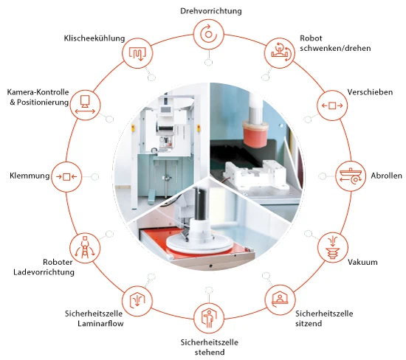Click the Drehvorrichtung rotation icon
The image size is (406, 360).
pyautogui.click(x=208, y=35)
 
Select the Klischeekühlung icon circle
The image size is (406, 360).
pyautogui.click(x=137, y=53)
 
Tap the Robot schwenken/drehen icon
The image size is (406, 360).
pyautogui.click(x=279, y=53)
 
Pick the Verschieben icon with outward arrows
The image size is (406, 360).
pyautogui.click(x=332, y=105)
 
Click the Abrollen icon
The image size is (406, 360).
pyautogui.click(x=351, y=176)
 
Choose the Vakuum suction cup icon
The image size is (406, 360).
pyautogui.click(x=332, y=248)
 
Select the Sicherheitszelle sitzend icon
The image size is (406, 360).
pyautogui.click(x=280, y=300)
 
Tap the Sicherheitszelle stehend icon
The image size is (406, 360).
pyautogui.click(x=209, y=319)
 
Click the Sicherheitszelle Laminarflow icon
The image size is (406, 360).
pyautogui.click(x=137, y=300)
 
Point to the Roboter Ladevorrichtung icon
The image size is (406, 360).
pyautogui.click(x=85, y=248)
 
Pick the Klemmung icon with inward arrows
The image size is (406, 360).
pyautogui.click(x=66, y=177)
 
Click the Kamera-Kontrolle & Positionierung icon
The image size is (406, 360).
pyautogui.click(x=85, y=105)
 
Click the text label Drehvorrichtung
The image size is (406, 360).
pyautogui.click(x=211, y=11)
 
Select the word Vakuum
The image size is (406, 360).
pyautogui.click(x=362, y=262)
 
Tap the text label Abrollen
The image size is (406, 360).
pyautogui.click(x=386, y=176)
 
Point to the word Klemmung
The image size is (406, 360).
pyautogui.click(x=30, y=176)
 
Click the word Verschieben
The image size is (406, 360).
pyautogui.click(x=370, y=92)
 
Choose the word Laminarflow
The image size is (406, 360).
pyautogui.click(x=100, y=324)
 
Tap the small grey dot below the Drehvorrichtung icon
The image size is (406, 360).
pyautogui.click(x=208, y=63)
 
